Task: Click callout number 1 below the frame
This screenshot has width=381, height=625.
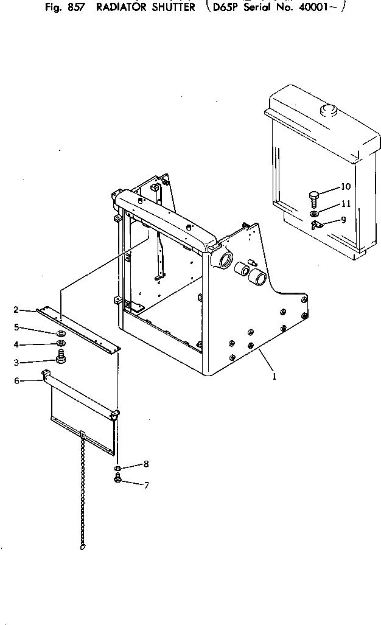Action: [x=274, y=376]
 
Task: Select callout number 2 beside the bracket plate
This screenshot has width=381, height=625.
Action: [x=16, y=310]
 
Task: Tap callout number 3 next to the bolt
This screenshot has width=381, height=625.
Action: [x=16, y=362]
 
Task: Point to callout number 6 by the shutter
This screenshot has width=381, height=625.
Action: [x=16, y=381]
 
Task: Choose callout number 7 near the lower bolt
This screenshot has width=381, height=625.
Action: [x=145, y=485]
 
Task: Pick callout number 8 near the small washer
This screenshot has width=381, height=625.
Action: [x=145, y=464]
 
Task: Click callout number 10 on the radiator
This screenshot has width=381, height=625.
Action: [x=345, y=186]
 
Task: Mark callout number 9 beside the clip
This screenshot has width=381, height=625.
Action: [x=343, y=220]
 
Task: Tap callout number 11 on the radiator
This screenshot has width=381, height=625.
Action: [x=345, y=203]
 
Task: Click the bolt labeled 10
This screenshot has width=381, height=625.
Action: [x=314, y=198]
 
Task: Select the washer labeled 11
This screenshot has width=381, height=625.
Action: [x=313, y=214]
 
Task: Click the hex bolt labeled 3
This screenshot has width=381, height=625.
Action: [x=61, y=359]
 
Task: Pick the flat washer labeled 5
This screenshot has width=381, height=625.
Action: [x=61, y=334]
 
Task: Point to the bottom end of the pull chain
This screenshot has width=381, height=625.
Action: [x=82, y=547]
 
